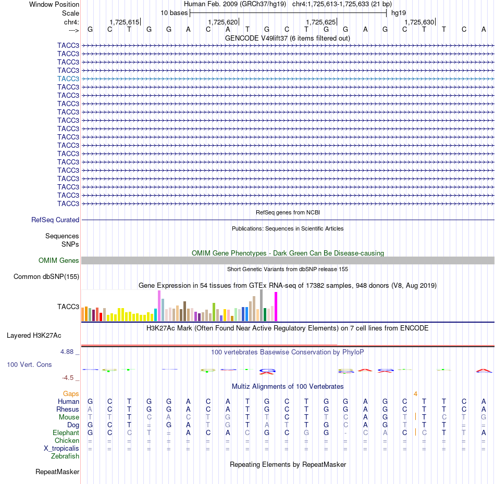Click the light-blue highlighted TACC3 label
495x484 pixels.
pos(68,79)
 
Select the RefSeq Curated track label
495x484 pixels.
pos(55,220)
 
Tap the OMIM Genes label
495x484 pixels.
pos(59,260)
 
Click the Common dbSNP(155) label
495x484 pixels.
pos(46,276)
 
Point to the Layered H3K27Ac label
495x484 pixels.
pos(34,336)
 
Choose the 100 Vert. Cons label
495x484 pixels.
pos(29,364)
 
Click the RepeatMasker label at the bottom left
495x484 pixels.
pos(57,472)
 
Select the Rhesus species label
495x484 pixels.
pos(68,409)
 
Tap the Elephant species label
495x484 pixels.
pos(66,432)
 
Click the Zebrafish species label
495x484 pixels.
pos(65,456)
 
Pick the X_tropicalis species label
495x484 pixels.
pos(61,449)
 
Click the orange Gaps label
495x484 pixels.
pos(71,393)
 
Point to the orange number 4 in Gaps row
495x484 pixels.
pos(415,394)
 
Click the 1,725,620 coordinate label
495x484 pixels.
pos(222,22)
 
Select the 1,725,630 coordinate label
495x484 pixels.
pos(419,22)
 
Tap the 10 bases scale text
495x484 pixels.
pos(174,13)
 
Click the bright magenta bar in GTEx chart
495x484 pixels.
pos(276,307)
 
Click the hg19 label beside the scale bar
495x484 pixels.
pos(399,13)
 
